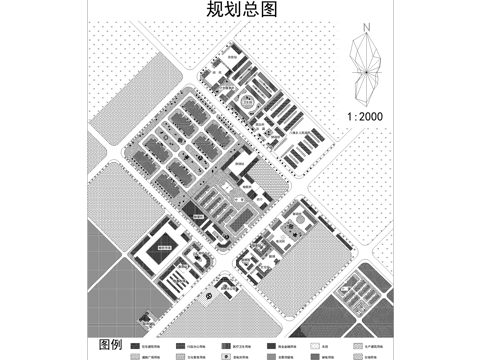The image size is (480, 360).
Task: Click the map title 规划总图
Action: pyautogui.click(x=241, y=10)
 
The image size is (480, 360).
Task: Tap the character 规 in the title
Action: pyautogui.click(x=214, y=10)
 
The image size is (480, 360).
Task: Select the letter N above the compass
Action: pyautogui.click(x=368, y=29)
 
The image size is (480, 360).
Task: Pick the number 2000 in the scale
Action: pyautogui.click(x=373, y=116)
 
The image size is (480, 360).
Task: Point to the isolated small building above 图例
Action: pyautogui.click(x=147, y=318)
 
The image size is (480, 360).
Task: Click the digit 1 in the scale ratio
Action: pyautogui.click(x=345, y=116)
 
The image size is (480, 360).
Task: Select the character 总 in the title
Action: pyautogui.click(x=250, y=10)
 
